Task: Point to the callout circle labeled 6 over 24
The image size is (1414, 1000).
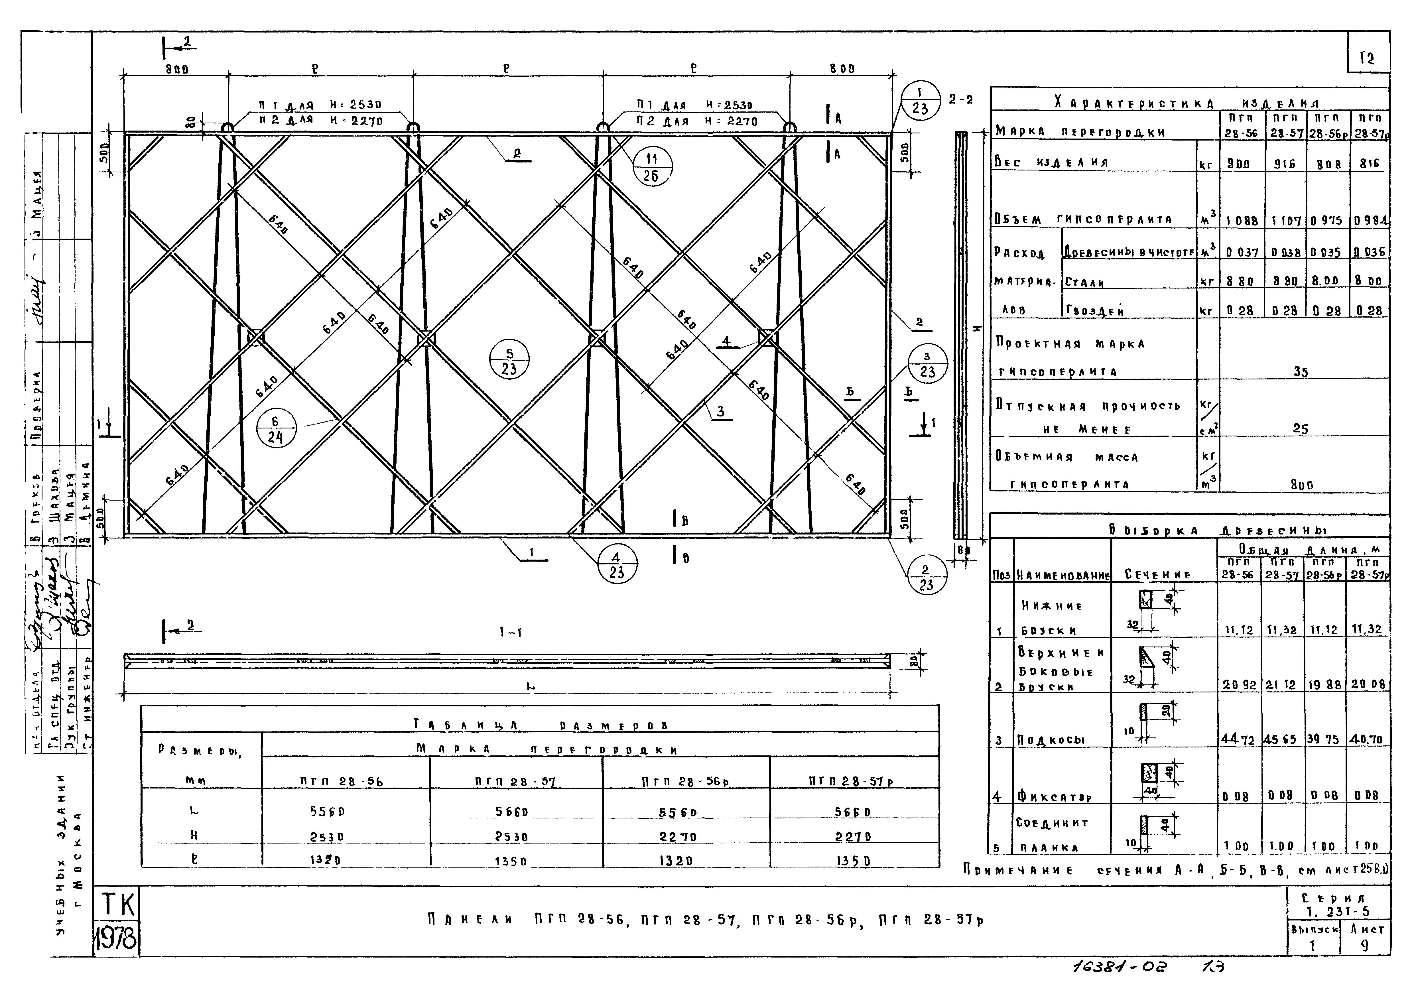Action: click(x=275, y=429)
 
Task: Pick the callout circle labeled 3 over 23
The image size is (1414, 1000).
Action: click(x=927, y=364)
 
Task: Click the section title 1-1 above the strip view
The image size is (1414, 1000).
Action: click(x=511, y=632)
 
